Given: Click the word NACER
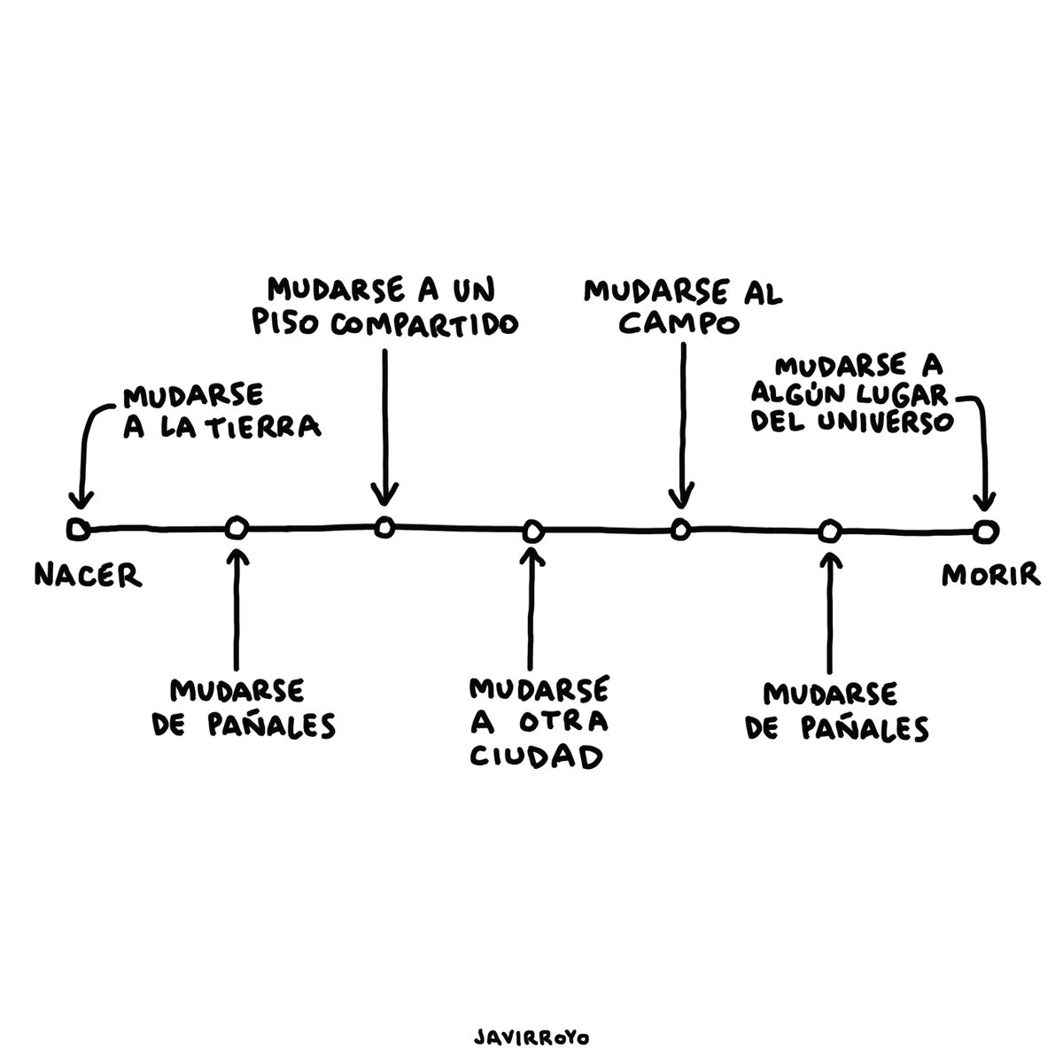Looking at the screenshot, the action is click(x=88, y=576).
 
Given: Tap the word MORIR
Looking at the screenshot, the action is click(x=989, y=576).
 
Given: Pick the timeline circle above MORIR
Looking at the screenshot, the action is click(x=984, y=530).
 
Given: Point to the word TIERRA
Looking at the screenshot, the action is click(x=274, y=428).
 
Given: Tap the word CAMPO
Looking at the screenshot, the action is click(x=679, y=324).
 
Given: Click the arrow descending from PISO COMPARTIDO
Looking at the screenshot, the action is click(x=384, y=425).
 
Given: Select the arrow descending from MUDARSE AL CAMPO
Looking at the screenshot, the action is click(x=681, y=425).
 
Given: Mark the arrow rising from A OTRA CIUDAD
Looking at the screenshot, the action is click(x=531, y=611).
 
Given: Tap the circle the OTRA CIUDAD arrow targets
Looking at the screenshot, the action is click(x=531, y=531).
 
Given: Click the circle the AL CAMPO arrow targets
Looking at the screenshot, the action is click(x=679, y=529).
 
